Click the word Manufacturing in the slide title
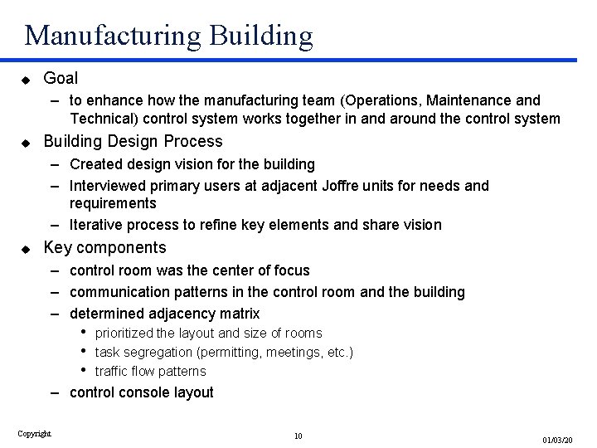tap(113, 35)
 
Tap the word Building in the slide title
tap(263, 35)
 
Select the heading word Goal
tap(61, 79)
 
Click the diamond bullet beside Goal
tap(26, 80)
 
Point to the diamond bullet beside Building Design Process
tap(26, 142)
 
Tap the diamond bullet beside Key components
tap(26, 248)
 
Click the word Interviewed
tap(108, 186)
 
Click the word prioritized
tap(124, 334)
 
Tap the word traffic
tap(112, 371)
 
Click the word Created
tap(96, 164)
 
